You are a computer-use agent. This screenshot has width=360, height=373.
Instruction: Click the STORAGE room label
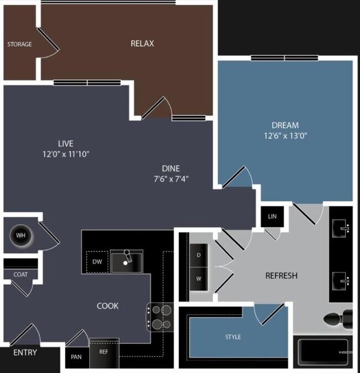pos(19,44)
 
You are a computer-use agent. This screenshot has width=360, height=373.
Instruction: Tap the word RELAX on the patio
pos(142,44)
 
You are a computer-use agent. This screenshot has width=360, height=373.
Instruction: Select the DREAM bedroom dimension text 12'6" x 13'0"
pos(285,136)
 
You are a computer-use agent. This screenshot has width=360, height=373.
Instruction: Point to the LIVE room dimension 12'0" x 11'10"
pos(66,154)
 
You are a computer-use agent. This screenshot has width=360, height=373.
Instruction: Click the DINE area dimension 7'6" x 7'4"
pos(171,179)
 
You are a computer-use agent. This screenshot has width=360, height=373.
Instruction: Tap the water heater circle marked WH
pos(20,236)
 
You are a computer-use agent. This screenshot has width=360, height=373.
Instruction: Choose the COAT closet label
pos(20,274)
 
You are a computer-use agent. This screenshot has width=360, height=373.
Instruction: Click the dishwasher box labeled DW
pos(97,262)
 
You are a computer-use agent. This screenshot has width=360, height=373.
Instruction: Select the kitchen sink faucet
pos(128,256)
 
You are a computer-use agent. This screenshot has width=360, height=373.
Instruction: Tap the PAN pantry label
pos(76,357)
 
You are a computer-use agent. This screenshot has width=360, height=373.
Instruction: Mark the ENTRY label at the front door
pos(25,353)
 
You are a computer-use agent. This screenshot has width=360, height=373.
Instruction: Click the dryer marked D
pos(199,255)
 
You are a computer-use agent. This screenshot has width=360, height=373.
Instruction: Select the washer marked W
pos(199,279)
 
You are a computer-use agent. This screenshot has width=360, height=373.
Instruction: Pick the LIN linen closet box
pos(272,216)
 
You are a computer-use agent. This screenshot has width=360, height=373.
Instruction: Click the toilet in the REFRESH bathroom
pos(338,319)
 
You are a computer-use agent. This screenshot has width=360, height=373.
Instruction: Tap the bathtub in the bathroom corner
pos(323,352)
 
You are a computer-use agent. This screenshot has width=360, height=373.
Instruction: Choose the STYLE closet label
pos(233,337)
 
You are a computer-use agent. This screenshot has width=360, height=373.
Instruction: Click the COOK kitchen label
pos(107,306)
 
